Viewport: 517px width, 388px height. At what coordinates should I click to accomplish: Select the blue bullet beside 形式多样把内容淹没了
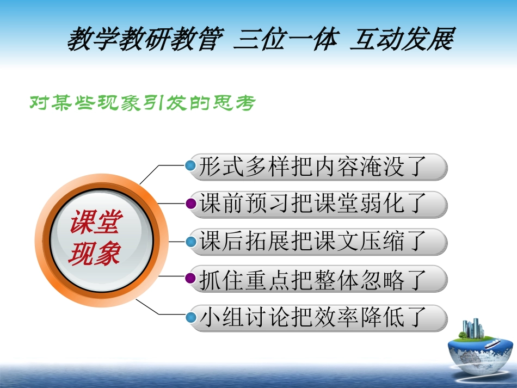(191, 165)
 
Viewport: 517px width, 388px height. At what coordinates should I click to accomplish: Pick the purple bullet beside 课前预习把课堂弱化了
(191, 204)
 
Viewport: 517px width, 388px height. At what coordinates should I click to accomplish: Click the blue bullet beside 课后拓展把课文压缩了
(191, 241)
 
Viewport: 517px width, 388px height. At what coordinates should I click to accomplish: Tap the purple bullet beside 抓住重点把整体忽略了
(191, 279)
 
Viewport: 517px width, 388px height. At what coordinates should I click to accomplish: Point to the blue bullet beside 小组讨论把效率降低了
(191, 316)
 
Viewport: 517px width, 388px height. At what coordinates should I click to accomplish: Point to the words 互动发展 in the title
(402, 39)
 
